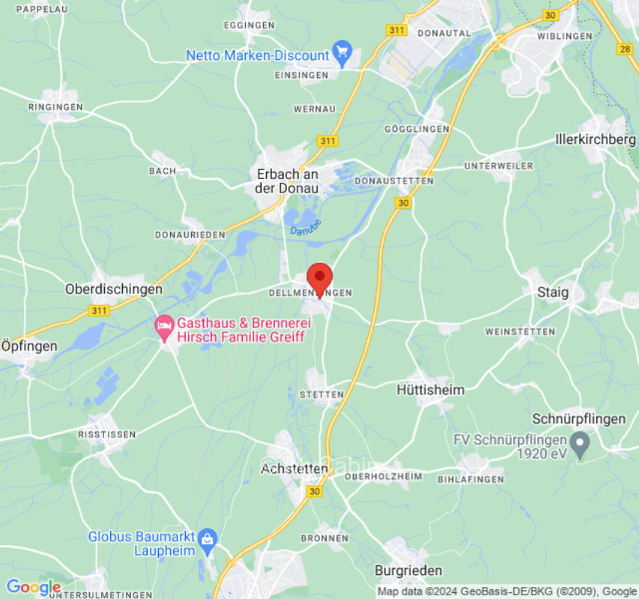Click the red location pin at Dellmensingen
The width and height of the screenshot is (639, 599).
320,279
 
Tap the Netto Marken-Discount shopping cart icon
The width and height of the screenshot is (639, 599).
343,55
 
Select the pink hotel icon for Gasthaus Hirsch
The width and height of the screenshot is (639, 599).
164,327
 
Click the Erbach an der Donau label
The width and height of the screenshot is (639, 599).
287,181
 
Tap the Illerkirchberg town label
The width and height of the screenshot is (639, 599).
596,139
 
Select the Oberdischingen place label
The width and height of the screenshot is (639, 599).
114,289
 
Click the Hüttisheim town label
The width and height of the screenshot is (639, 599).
430,390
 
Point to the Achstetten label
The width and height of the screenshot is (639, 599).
294,469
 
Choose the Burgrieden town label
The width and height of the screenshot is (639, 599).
408,571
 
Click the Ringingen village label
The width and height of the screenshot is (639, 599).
55,107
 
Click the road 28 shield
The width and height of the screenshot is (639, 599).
626,49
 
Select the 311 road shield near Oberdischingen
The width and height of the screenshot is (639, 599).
98,309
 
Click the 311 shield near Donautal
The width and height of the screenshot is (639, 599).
396,30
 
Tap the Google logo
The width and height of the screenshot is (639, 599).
33,588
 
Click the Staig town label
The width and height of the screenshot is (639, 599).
553,292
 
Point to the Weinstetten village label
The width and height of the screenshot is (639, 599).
520,331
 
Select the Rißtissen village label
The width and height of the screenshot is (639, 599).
107,434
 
